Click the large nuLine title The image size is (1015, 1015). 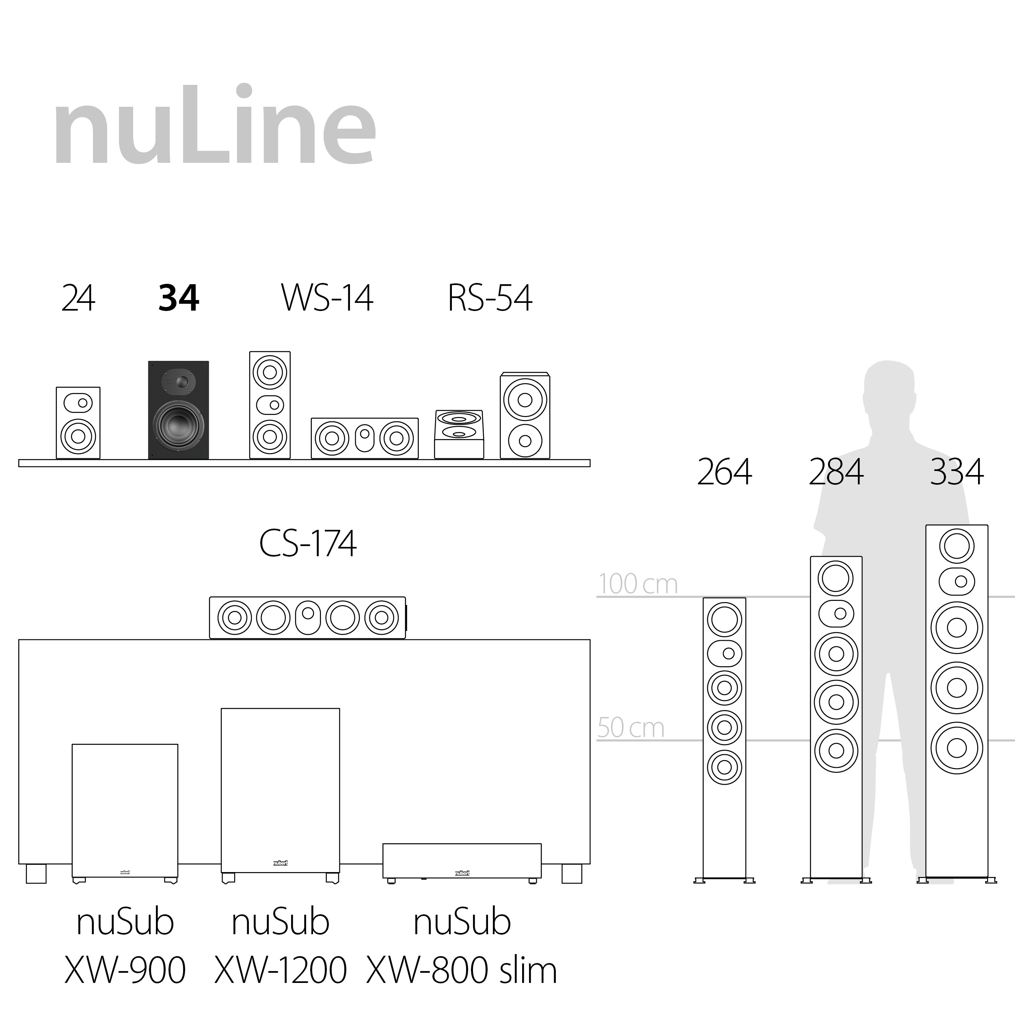coord(214,126)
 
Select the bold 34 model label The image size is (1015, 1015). coord(179,298)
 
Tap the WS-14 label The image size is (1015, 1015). coord(327,298)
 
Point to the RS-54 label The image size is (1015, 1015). coord(490,298)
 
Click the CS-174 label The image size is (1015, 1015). coord(308,543)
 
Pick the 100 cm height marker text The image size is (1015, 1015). coord(638,584)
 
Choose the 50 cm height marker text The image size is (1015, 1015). coord(631,728)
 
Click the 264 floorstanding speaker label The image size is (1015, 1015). coord(724,472)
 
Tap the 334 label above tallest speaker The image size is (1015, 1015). coord(956,472)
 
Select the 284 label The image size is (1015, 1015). coord(836,472)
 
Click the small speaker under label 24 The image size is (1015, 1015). coord(78,423)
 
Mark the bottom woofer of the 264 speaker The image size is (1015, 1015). coord(724,767)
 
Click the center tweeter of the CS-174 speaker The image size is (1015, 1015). coord(308,613)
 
